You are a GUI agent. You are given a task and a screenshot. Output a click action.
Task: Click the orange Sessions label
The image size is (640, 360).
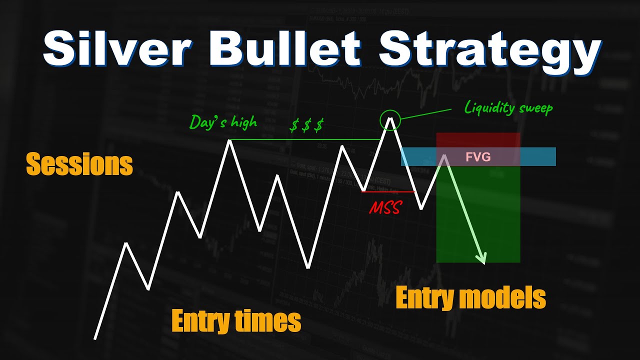(79, 164)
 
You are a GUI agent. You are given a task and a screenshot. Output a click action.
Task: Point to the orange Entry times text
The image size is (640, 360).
(236, 320)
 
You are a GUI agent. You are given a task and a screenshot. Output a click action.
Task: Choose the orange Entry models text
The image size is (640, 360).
(470, 298)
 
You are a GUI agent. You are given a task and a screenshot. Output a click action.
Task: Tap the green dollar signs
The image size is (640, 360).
(306, 125)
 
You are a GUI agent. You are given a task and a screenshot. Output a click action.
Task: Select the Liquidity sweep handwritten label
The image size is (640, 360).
(508, 107)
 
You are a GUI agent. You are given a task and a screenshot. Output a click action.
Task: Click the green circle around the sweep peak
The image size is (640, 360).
(390, 120)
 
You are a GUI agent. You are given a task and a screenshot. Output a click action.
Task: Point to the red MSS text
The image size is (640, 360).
(385, 207)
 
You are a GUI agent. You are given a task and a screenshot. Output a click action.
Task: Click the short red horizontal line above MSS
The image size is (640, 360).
(388, 191)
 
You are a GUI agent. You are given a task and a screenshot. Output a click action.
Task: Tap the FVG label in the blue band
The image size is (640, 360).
(478, 157)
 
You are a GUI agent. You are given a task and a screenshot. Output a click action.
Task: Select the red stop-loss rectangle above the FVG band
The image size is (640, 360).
(478, 140)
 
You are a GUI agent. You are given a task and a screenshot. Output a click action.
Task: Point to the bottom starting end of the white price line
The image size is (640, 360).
(95, 337)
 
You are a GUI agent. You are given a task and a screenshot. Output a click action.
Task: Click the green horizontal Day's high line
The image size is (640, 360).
(305, 139)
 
